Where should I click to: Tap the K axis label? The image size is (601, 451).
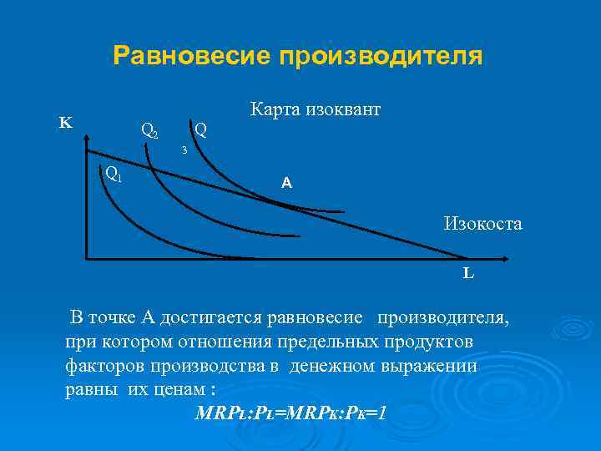(64, 123)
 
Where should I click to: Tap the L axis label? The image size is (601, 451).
(469, 272)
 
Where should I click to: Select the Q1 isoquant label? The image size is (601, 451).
(114, 174)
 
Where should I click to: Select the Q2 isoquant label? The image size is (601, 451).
(150, 131)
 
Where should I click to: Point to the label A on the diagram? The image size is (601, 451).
(286, 182)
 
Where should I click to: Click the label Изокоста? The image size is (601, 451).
(483, 223)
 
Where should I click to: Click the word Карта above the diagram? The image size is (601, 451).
(276, 109)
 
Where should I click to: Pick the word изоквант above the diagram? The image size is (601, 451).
(345, 109)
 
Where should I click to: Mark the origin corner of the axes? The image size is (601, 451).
(87, 259)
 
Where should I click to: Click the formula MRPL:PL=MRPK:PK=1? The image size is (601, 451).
(290, 413)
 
